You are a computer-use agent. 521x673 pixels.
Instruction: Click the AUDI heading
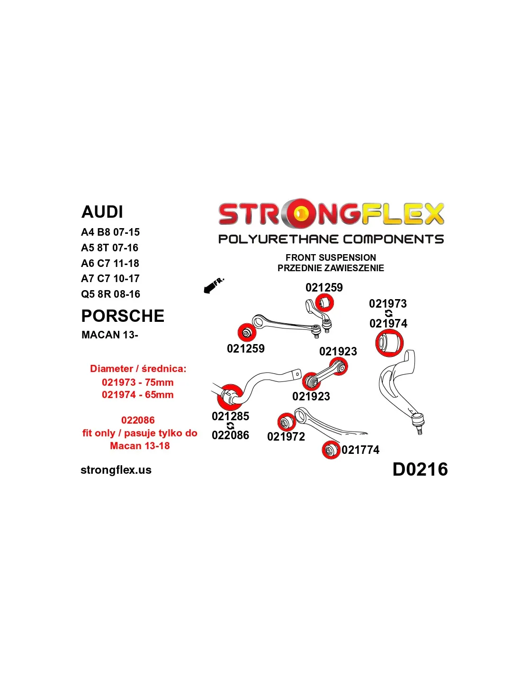coord(102,212)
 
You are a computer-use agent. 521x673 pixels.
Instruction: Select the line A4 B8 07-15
coord(110,232)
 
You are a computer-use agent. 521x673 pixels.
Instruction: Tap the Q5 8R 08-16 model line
coord(110,294)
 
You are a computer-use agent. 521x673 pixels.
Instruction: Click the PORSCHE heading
coord(123,316)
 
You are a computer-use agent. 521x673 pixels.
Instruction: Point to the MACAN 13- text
coord(109,335)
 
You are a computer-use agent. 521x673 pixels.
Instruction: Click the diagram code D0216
coord(420,469)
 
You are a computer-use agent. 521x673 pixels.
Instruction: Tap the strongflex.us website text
coord(116,470)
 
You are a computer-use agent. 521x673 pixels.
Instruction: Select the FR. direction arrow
coord(213,286)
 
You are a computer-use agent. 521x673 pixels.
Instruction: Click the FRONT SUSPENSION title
coord(331,257)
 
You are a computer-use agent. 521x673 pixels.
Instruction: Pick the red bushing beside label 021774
coord(331,450)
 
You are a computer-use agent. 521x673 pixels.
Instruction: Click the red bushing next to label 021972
coord(286,422)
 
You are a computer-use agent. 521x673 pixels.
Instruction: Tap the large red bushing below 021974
coord(389,343)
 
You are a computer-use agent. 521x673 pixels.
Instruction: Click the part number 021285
coord(230,416)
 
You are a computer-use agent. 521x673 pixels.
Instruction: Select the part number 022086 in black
coord(230,435)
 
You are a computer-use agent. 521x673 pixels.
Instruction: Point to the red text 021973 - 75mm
coord(137,382)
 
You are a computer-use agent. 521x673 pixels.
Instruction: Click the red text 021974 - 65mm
coord(137,395)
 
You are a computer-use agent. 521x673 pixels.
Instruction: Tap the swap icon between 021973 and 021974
coord(388,313)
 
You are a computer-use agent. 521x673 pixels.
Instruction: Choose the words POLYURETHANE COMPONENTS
coord(331,239)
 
